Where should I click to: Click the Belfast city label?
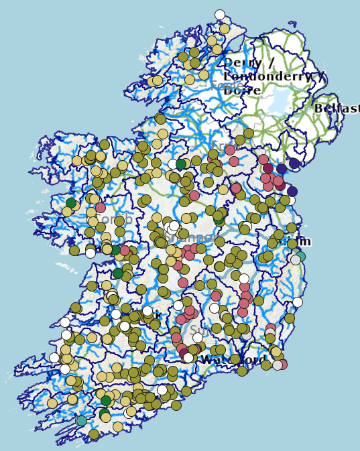click(337, 109)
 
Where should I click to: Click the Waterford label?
click(233, 360)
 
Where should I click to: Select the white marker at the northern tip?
click(220, 15)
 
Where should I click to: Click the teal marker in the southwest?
click(81, 421)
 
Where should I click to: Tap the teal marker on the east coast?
click(300, 256)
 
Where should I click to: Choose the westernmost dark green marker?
click(71, 203)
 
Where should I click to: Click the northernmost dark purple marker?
click(294, 164)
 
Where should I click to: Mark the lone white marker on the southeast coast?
click(298, 302)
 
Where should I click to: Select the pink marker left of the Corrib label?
click(101, 208)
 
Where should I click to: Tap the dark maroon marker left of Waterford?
click(184, 353)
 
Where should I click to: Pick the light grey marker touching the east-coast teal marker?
click(295, 260)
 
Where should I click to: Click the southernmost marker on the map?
click(93, 434)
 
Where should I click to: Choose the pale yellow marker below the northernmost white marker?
click(225, 29)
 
